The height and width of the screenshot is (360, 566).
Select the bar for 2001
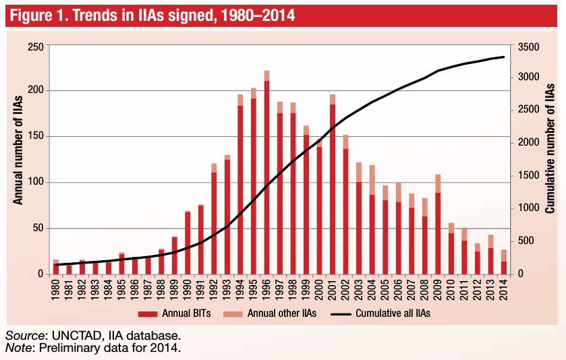click(333, 185)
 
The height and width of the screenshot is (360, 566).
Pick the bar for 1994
click(240, 185)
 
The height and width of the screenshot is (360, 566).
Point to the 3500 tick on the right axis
click(528, 47)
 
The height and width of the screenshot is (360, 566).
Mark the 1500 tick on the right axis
click(528, 176)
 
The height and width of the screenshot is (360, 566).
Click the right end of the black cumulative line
click(504, 57)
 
